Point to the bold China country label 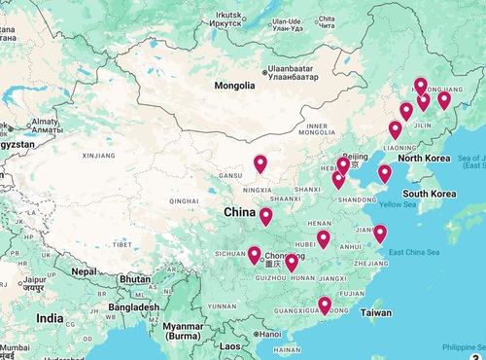pos(239,212)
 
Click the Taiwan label pos(376,312)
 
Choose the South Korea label pos(430,194)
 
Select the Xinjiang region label pos(98,155)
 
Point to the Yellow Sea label pos(398,204)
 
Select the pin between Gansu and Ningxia pos(260,164)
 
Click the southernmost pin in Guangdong pos(325,306)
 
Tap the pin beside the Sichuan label pos(254,256)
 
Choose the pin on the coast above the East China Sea pos(380,234)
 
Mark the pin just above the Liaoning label pos(395,130)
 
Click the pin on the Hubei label pos(323,238)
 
